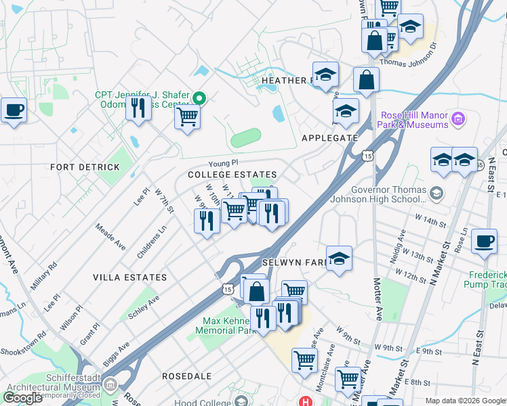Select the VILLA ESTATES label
129,277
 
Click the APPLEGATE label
329,137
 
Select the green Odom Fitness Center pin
199,97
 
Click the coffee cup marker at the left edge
14,110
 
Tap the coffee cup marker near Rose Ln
485,242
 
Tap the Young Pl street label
224,163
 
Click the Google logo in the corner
22,398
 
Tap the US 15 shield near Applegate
367,156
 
